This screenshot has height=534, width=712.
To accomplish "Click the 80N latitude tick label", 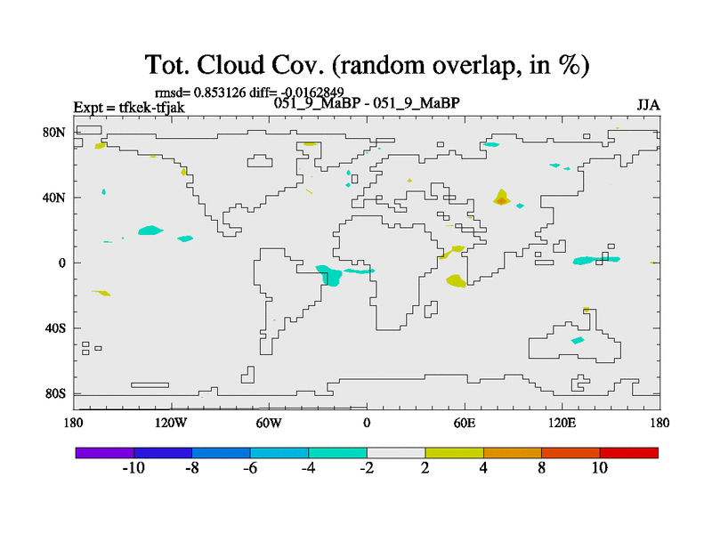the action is [54, 133].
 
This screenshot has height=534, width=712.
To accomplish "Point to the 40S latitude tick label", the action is [55, 328].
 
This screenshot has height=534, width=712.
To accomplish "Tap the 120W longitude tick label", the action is [171, 424].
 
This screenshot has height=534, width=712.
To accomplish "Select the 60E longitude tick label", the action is [465, 424].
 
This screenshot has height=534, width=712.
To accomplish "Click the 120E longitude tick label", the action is [562, 424].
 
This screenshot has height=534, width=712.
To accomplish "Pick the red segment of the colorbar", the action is [629, 453].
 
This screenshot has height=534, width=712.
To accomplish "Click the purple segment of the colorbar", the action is [105, 453].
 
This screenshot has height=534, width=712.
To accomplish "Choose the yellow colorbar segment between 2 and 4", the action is [454, 453].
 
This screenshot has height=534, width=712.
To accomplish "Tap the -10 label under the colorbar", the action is [133, 468].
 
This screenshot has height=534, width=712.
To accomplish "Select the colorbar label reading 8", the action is [542, 468].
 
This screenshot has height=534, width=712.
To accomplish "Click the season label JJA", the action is [649, 105].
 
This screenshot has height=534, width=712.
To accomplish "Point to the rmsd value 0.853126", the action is [220, 93].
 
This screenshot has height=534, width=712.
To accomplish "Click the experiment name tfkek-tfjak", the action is [151, 108].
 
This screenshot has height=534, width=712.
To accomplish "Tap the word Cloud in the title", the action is [231, 65].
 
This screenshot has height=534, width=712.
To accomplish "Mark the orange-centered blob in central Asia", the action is [501, 198].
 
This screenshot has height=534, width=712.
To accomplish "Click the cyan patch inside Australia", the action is [578, 340].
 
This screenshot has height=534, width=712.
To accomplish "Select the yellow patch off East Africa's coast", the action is [457, 280].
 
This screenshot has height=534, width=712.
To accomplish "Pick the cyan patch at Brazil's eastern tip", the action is [329, 275].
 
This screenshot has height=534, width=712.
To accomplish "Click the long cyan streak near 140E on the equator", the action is [595, 260].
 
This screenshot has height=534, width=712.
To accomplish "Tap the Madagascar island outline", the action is [431, 309].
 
